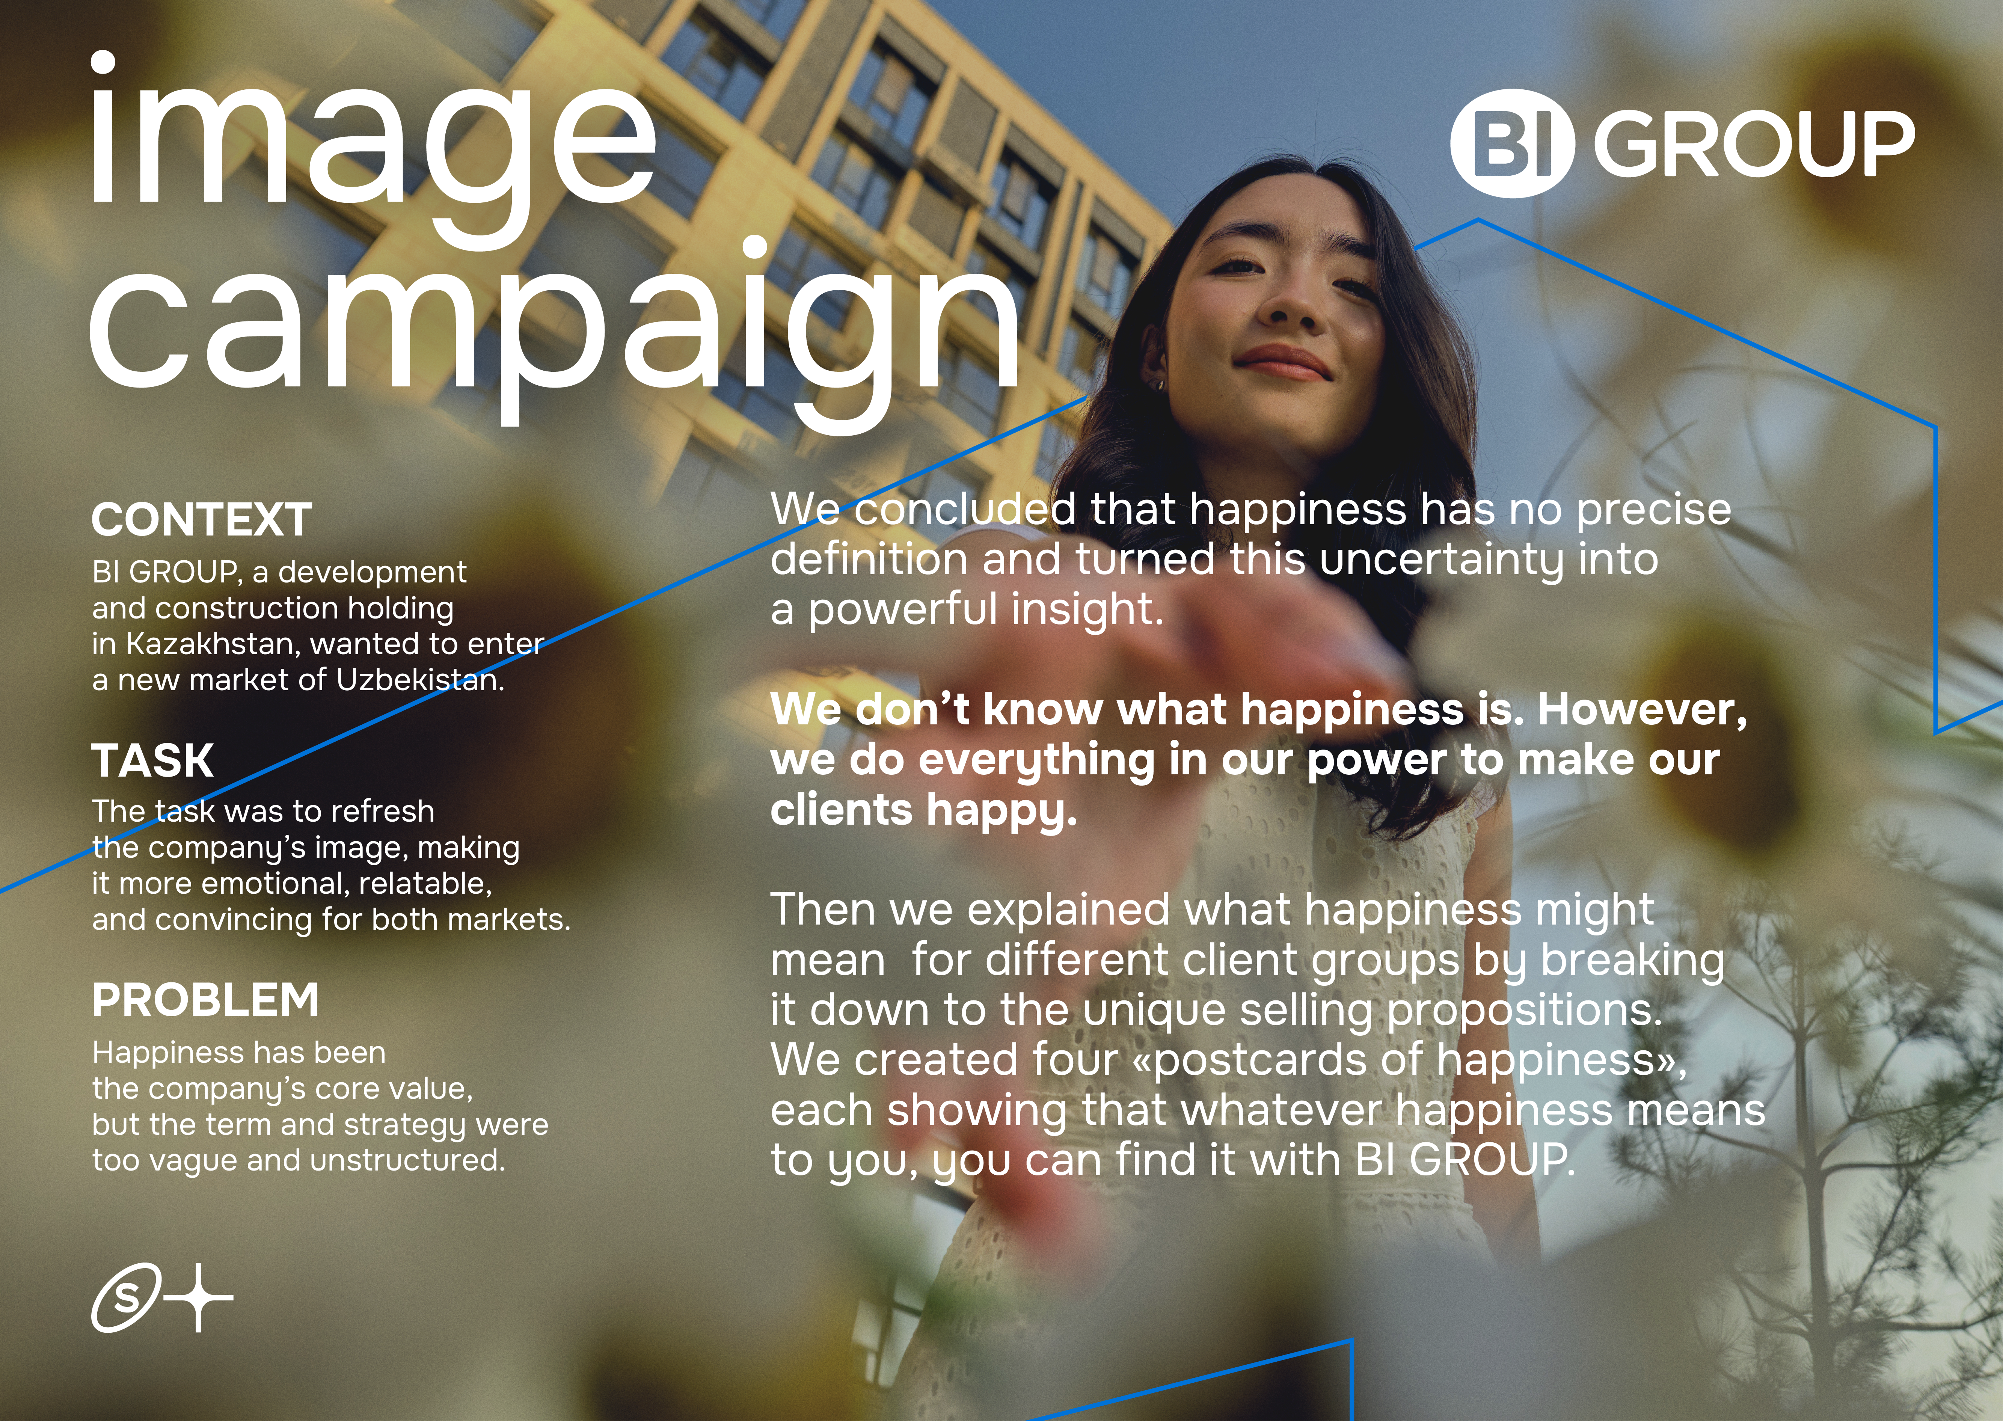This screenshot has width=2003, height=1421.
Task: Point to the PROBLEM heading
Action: [x=206, y=1000]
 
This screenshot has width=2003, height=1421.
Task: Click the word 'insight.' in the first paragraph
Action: [x=1088, y=609]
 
